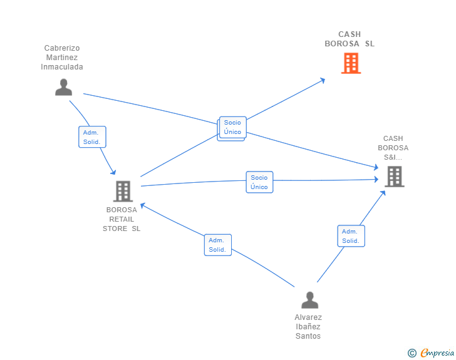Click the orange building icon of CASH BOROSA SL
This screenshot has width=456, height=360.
pyautogui.click(x=351, y=63)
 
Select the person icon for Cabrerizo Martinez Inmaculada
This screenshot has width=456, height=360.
pyautogui.click(x=64, y=87)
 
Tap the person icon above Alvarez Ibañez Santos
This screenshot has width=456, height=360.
pyautogui.click(x=309, y=300)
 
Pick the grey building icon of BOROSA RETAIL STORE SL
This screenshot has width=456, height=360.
pyautogui.click(x=123, y=192)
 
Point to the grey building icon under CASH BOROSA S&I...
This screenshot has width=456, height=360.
pyautogui.click(x=395, y=177)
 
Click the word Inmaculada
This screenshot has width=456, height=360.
pyautogui.click(x=62, y=67)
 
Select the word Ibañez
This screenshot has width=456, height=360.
pyautogui.click(x=308, y=327)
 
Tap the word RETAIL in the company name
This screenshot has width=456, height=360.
pyautogui.click(x=122, y=219)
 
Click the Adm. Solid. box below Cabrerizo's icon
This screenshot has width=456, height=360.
pyautogui.click(x=92, y=137)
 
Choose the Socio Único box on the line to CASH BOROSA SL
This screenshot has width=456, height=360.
pyautogui.click(x=232, y=127)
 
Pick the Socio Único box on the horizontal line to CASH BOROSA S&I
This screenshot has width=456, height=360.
pyautogui.click(x=259, y=182)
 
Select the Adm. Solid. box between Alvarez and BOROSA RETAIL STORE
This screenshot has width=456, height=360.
pyautogui.click(x=218, y=245)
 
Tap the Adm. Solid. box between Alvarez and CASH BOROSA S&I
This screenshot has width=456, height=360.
pyautogui.click(x=351, y=236)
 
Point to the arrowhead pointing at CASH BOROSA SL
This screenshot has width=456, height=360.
pyautogui.click(x=322, y=81)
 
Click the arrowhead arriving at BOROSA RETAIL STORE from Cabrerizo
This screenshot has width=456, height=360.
pyautogui.click(x=113, y=172)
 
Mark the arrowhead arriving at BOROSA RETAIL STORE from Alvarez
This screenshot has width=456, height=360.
pyautogui.click(x=143, y=206)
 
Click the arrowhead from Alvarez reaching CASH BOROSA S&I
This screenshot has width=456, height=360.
pyautogui.click(x=383, y=193)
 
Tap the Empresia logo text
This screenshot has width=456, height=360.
pyautogui.click(x=437, y=352)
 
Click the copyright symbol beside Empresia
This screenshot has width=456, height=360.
pyautogui.click(x=412, y=353)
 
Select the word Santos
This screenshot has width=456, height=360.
pyautogui.click(x=308, y=336)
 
